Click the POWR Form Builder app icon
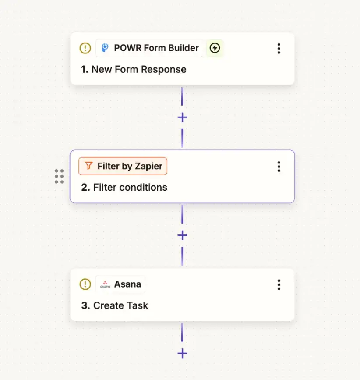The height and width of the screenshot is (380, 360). click(105, 48)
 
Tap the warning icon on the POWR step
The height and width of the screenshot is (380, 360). click(85, 48)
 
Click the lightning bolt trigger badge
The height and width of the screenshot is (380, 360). click(215, 48)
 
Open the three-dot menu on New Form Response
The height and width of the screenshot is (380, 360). click(279, 49)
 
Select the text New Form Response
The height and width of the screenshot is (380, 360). click(138, 70)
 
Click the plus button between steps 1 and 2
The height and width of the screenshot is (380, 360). click(182, 117)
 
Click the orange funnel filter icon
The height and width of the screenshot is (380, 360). click(88, 166)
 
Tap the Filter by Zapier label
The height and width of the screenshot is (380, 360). click(130, 166)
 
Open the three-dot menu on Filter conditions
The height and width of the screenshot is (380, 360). click(279, 167)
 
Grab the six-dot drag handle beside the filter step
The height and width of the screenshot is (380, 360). click(59, 176)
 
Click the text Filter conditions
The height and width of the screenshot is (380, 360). click(130, 188)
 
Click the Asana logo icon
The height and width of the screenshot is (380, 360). click(105, 284)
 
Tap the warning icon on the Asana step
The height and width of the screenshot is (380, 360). click(85, 284)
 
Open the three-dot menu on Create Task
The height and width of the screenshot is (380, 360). click(279, 285)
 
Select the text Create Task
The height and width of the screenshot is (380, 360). click(120, 306)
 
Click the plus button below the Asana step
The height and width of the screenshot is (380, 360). click(182, 354)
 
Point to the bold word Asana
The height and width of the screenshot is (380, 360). click(127, 284)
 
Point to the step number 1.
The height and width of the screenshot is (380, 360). click(85, 70)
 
